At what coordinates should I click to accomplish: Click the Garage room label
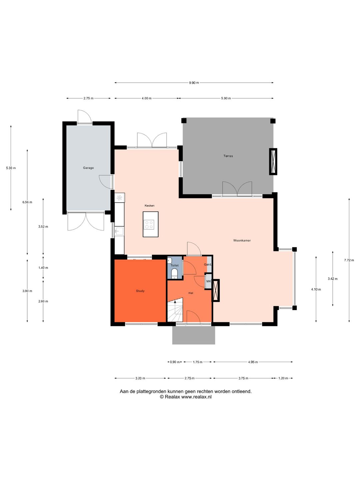tap(88, 168)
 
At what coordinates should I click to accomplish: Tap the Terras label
tap(228, 156)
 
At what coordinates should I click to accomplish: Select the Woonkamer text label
tap(242, 241)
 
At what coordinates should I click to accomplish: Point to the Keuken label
tap(150, 206)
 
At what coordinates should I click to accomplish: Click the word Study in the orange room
tap(140, 291)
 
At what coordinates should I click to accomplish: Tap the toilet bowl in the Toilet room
tap(174, 274)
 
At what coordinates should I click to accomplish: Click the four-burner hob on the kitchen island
tap(149, 225)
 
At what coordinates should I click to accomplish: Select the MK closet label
tap(209, 281)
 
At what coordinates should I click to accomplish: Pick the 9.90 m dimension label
tap(194, 83)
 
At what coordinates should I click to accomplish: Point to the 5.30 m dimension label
tap(11, 168)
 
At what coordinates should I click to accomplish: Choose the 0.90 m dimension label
tap(175, 362)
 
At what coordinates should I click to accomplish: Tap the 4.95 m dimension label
tap(253, 362)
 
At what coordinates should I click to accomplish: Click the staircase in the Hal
tap(175, 310)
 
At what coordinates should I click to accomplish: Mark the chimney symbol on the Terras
tap(273, 162)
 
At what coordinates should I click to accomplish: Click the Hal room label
tap(191, 293)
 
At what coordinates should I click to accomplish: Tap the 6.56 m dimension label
tap(27, 202)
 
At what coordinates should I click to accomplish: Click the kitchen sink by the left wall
tap(119, 231)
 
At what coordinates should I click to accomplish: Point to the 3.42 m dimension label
tap(332, 279)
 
